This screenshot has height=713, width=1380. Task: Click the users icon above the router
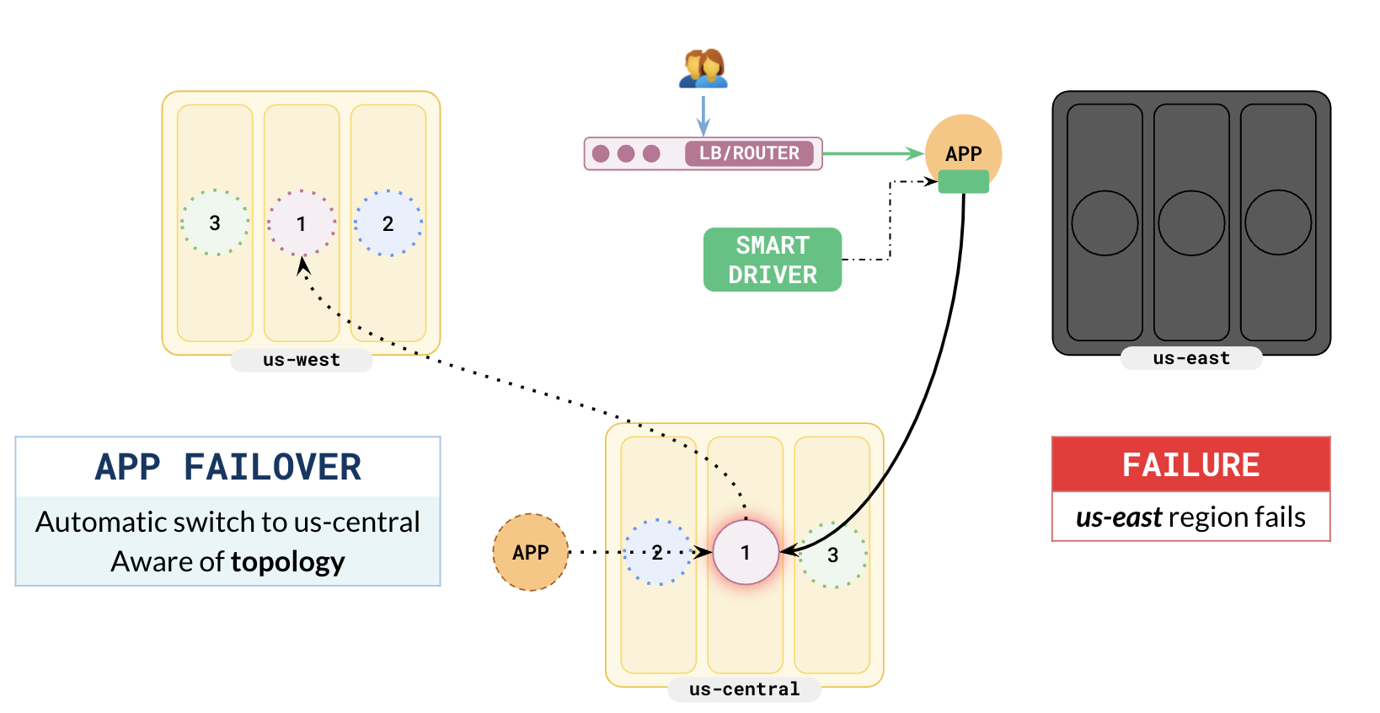(703, 68)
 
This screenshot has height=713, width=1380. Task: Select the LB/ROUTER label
(749, 153)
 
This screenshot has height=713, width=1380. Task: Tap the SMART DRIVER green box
(773, 260)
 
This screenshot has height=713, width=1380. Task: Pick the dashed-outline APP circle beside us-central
(531, 552)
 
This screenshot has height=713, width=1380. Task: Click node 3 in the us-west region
(215, 222)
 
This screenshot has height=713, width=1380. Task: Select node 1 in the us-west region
(302, 223)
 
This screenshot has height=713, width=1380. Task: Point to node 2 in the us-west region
(388, 223)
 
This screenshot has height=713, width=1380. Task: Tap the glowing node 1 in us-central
(746, 552)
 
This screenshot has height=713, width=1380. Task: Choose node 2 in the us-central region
(657, 552)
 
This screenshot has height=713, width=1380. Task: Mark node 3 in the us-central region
(833, 555)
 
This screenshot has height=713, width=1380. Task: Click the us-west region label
(302, 360)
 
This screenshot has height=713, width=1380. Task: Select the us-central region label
(744, 689)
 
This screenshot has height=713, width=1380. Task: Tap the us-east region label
(1191, 358)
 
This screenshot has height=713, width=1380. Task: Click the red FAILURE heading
(1190, 464)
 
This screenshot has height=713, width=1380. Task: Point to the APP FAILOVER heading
(227, 467)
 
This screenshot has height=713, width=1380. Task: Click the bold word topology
(287, 561)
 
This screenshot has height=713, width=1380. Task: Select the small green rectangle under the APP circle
(963, 181)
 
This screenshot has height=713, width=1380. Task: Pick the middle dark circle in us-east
(1191, 222)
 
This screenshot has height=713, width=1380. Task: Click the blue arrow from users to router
(703, 115)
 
